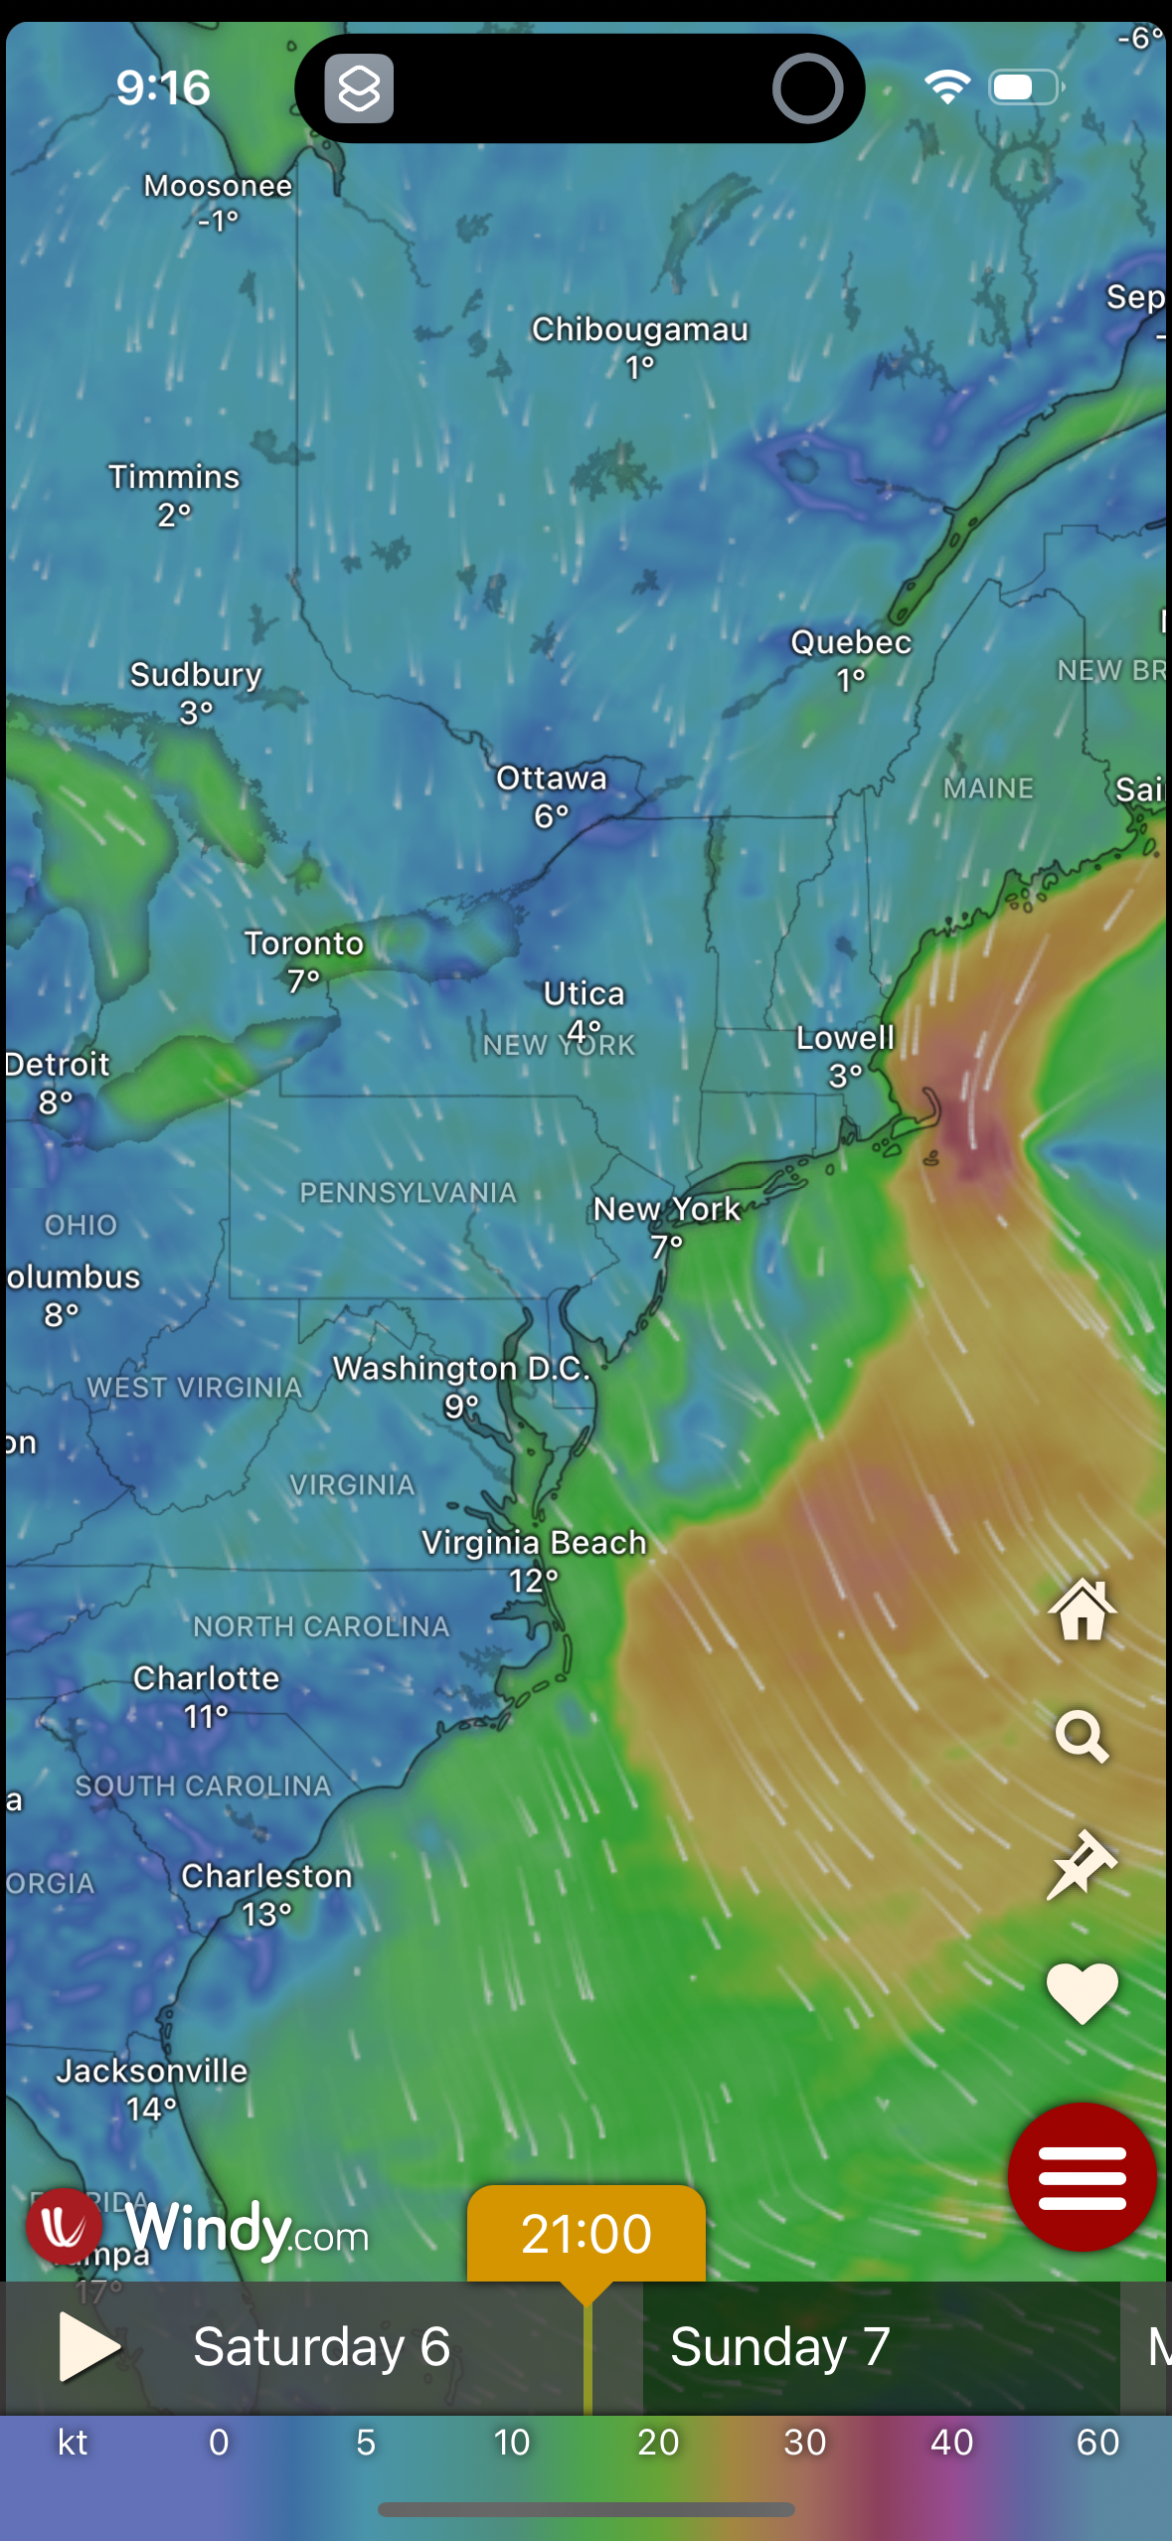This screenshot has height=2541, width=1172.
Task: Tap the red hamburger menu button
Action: pos(1082,2177)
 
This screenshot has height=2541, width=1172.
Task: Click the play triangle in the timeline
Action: pos(87,2346)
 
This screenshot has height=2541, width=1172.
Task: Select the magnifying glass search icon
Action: pos(1082,1736)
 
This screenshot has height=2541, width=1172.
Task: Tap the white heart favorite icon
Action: pos(1082,1992)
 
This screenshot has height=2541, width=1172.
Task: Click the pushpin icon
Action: pos(1082,1864)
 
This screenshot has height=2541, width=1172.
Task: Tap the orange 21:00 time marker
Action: pos(586,2234)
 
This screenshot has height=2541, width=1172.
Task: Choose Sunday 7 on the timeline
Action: pos(779,2346)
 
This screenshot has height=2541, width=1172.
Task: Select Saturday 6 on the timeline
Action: pos(321,2346)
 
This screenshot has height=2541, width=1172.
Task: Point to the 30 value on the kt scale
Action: pos(804,2442)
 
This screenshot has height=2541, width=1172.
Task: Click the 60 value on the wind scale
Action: pos(1097,2442)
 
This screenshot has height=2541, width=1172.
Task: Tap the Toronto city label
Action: pos(304,942)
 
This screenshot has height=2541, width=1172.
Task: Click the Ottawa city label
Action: pos(552,777)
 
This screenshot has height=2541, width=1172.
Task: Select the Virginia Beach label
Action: pos(534,1542)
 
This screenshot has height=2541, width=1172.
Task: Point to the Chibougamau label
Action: pos(639,329)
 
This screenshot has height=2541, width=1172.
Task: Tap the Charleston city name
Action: pos(266,1875)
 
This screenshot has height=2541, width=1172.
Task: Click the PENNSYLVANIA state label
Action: pos(408,1192)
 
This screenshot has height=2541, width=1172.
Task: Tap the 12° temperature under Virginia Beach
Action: pos(534,1580)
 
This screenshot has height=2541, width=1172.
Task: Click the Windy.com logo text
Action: pos(247,2229)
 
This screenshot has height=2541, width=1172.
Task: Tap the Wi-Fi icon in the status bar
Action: pos(946,87)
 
